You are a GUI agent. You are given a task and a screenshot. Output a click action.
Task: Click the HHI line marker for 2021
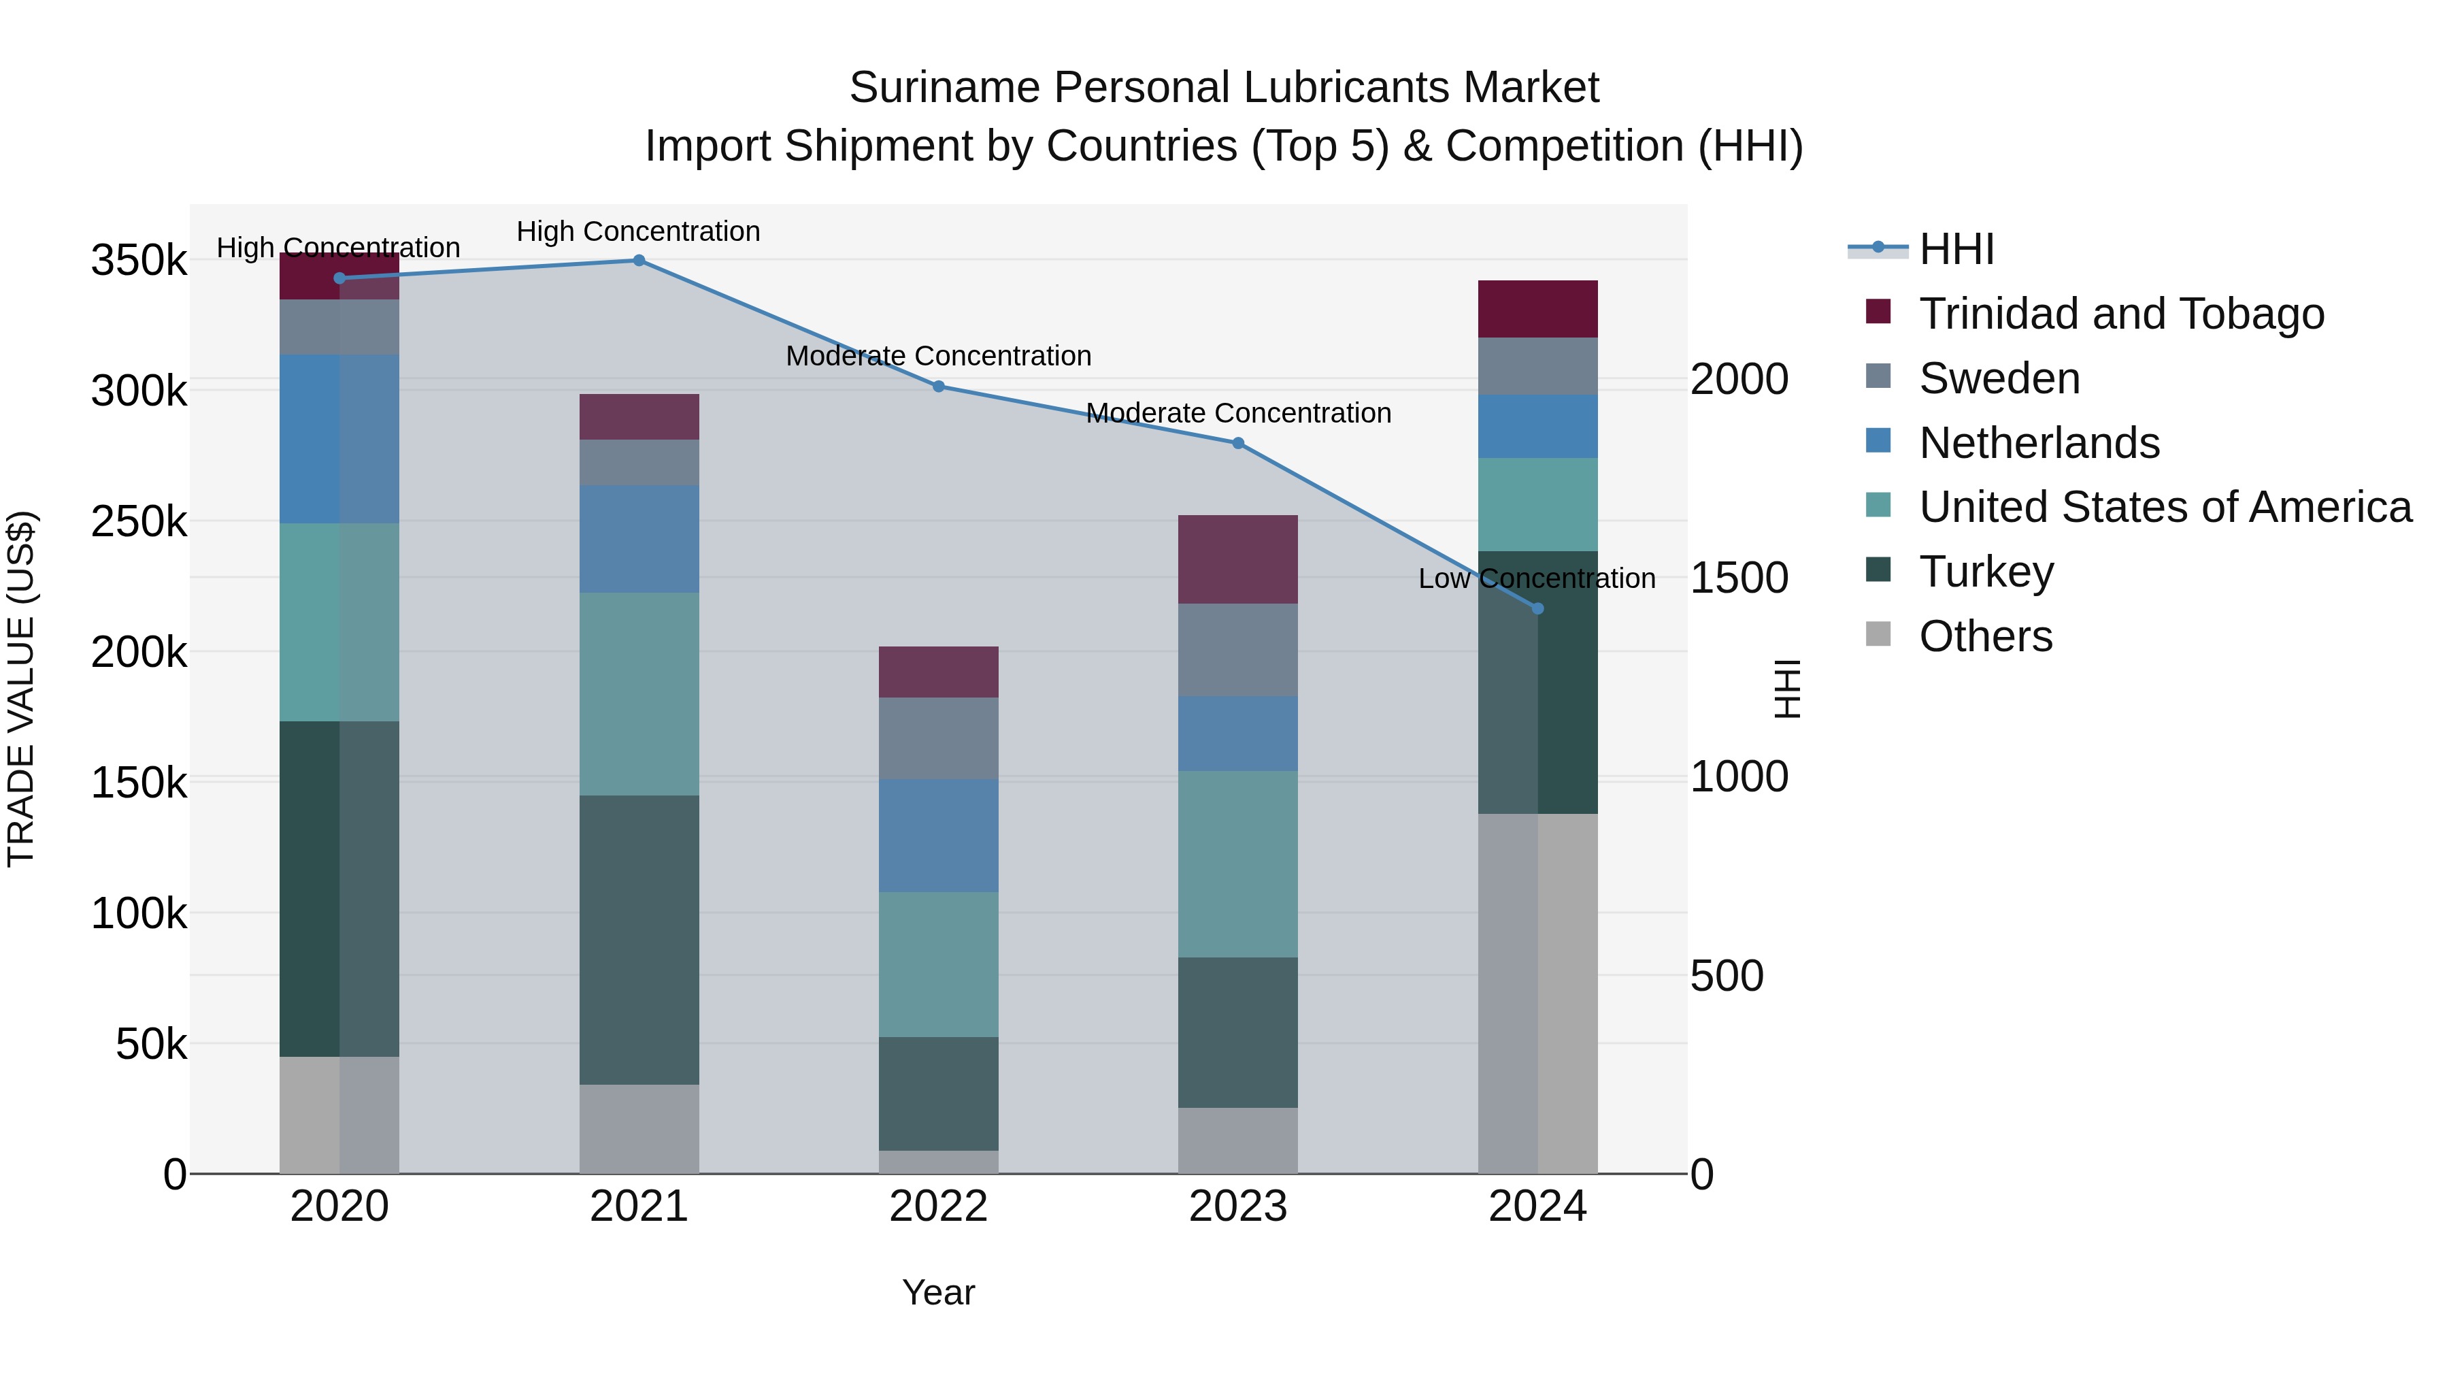(639, 261)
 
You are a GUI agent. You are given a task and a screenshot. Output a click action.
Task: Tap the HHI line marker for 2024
(1537, 608)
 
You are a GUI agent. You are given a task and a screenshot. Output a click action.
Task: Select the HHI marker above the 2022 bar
(938, 386)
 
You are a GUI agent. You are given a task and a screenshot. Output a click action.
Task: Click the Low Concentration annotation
(1536, 578)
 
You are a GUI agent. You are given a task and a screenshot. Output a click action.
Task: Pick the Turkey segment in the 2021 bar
(639, 940)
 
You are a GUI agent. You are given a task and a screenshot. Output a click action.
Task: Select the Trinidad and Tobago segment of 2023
(1238, 559)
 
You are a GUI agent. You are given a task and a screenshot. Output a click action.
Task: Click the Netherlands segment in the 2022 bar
(938, 835)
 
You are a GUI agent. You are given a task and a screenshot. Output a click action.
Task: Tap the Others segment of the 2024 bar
(1537, 993)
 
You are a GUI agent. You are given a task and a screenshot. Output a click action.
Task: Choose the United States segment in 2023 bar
(1238, 864)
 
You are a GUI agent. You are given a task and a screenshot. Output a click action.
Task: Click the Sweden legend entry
(1999, 378)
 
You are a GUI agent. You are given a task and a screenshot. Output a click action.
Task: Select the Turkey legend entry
(1986, 572)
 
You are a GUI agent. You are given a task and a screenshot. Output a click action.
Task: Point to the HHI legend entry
(1956, 249)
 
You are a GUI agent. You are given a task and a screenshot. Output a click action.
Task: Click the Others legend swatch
(1878, 634)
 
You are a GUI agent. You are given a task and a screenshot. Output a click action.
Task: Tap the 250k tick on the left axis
(139, 522)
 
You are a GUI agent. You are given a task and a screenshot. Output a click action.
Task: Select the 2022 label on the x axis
(938, 1207)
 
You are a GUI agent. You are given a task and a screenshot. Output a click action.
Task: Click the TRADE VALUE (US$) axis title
(21, 689)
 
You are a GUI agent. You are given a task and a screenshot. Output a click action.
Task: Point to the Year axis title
(938, 1292)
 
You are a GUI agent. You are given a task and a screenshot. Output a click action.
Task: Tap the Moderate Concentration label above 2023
(1238, 413)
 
